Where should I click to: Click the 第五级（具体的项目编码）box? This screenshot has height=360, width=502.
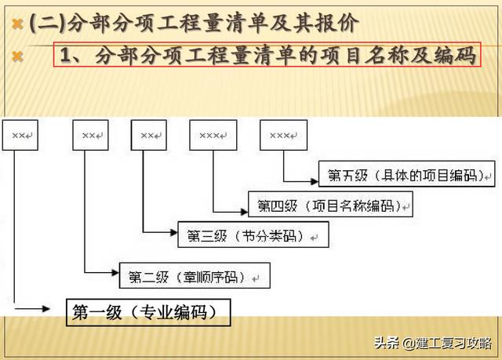pos(406,174)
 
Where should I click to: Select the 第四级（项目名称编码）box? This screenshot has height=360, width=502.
pos(330,204)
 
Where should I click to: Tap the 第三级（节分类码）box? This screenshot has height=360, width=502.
pos(253,235)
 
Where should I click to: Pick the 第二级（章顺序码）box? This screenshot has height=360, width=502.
pos(195,275)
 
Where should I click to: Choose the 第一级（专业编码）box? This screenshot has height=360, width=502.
pos(148,312)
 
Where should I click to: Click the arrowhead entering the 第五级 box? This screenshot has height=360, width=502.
pos(315,182)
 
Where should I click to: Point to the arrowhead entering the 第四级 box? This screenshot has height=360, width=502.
pos(244,212)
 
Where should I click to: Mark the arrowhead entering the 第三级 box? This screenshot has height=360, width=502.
pos(174,232)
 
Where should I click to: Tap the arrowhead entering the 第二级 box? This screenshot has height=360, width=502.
pos(115,273)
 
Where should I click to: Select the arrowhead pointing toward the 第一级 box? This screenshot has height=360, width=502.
pos(46,309)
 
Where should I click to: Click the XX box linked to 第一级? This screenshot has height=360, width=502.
pos(20,135)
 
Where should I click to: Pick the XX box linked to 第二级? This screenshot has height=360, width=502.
pos(91,135)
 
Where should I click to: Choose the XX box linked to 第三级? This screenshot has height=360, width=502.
pos(149,135)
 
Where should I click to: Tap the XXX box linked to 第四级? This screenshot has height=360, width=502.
pos(213,135)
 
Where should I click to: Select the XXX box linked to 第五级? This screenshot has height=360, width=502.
pos(284,135)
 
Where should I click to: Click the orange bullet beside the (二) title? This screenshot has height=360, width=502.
pos(17,24)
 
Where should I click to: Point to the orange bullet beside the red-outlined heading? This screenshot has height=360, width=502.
pos(17,57)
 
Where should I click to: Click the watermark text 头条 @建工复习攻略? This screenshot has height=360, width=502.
pos(433,343)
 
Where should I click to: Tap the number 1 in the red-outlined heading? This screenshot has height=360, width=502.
pos(66,55)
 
